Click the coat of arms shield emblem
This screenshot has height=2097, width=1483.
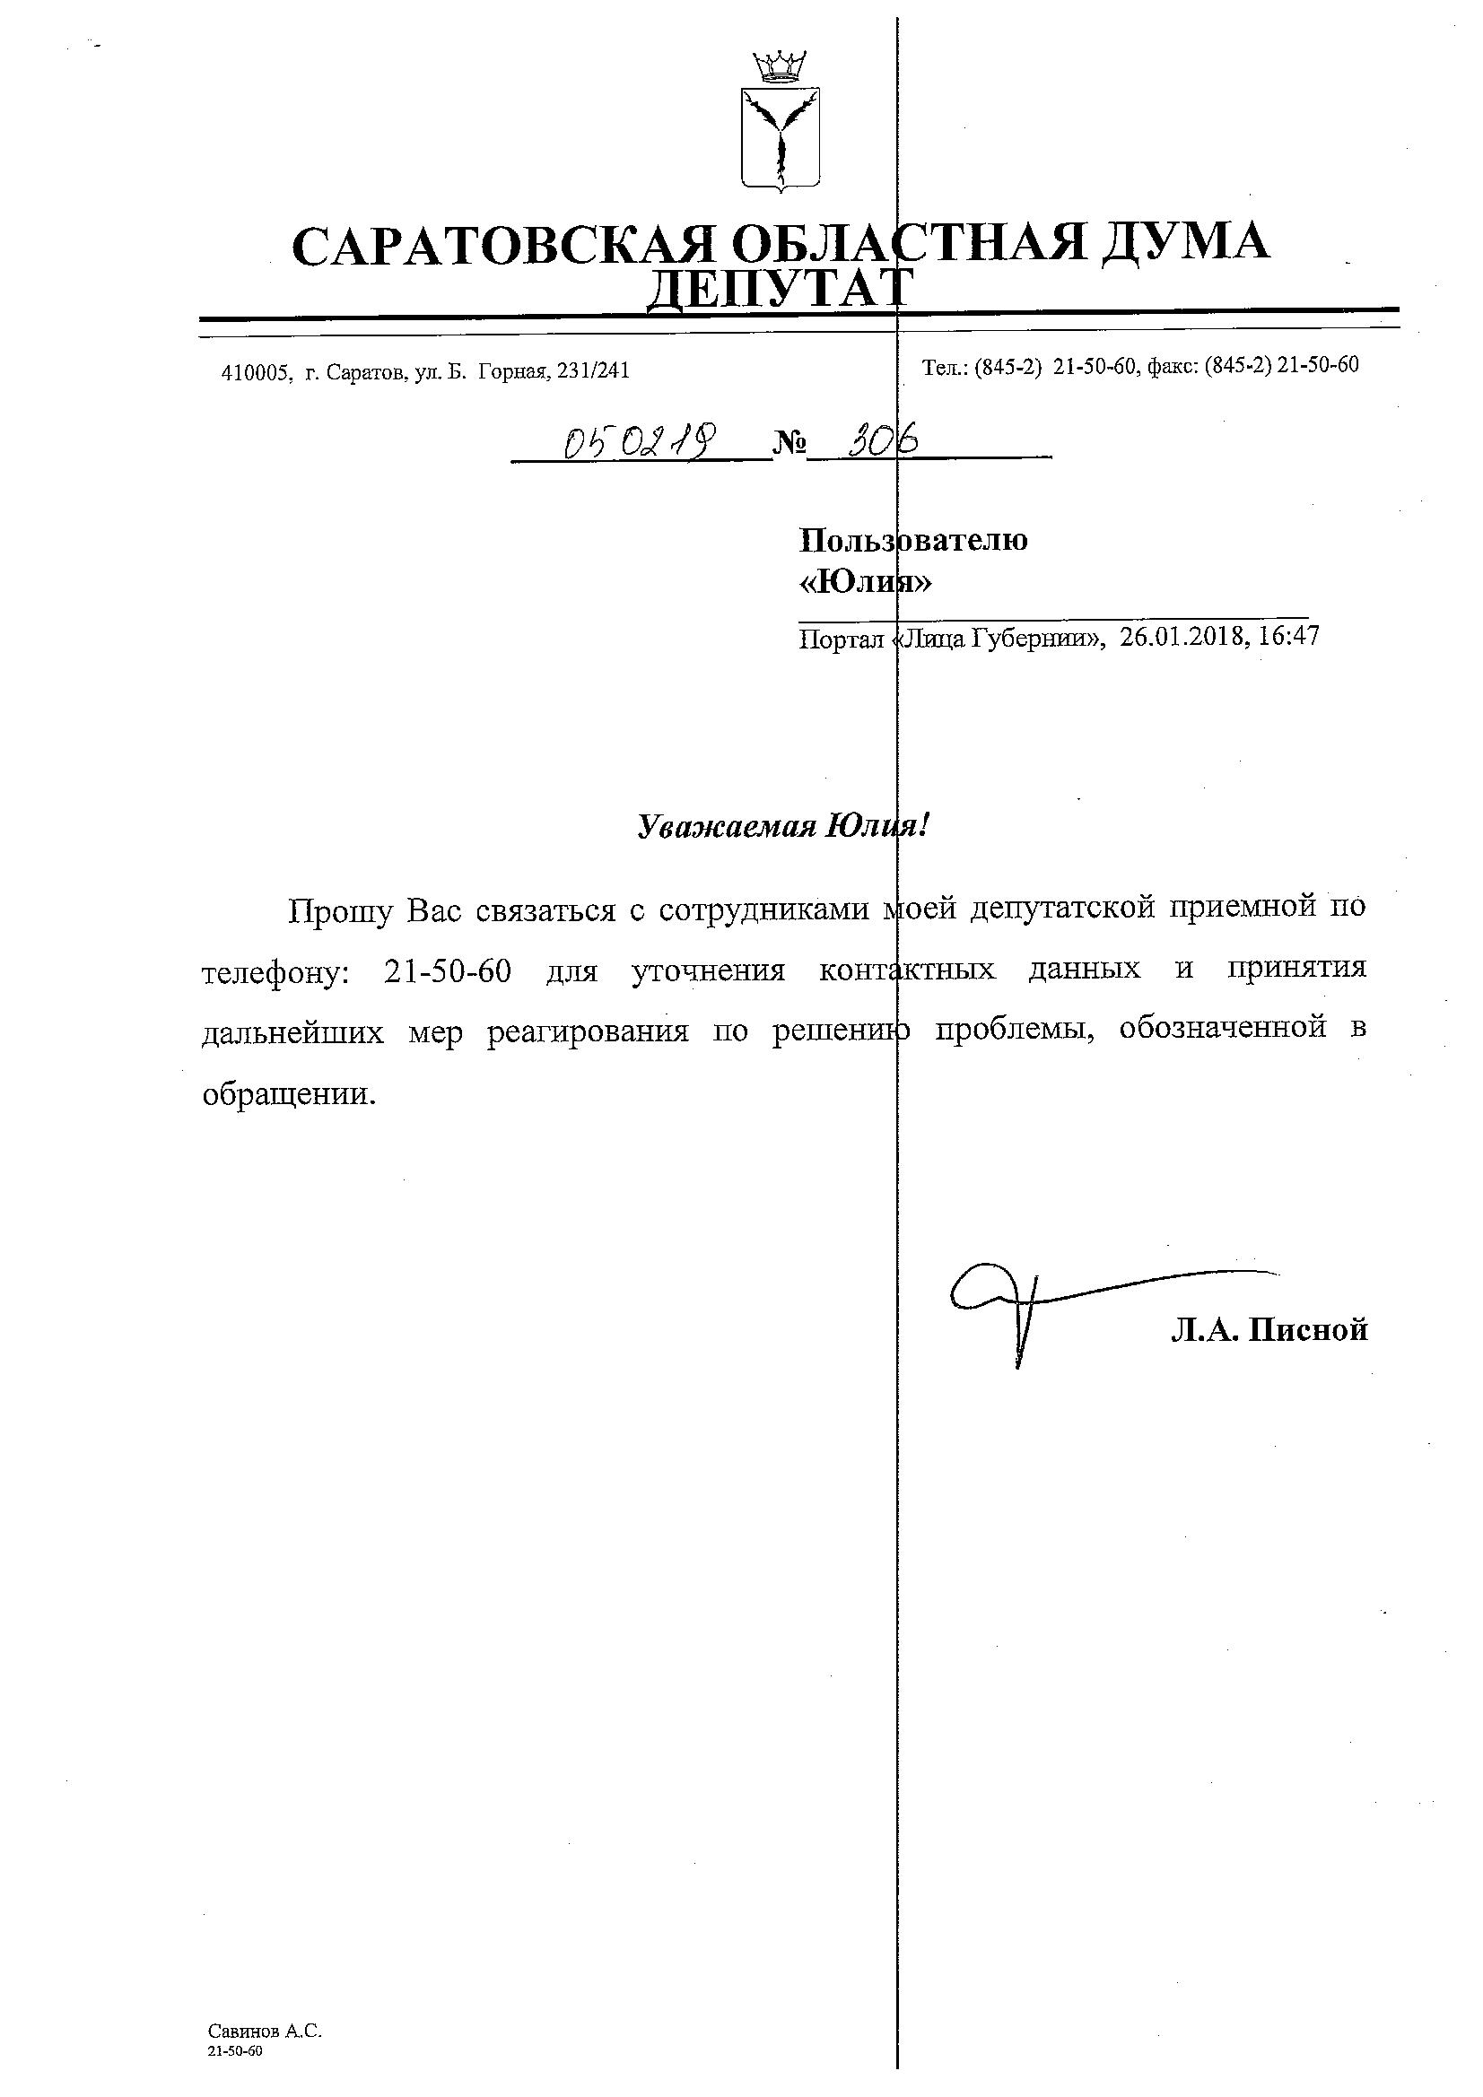pos(780,138)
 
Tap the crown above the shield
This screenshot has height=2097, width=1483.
pos(780,66)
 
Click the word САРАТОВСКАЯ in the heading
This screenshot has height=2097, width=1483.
pos(501,245)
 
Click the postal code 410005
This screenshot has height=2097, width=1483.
pos(256,372)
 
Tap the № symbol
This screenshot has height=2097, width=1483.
pos(789,445)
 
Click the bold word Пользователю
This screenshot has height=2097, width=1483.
pos(912,541)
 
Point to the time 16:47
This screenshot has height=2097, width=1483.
pos(1288,636)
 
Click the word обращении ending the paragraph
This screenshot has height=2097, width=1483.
pos(288,1094)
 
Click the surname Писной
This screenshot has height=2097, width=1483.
pos(1308,1330)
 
